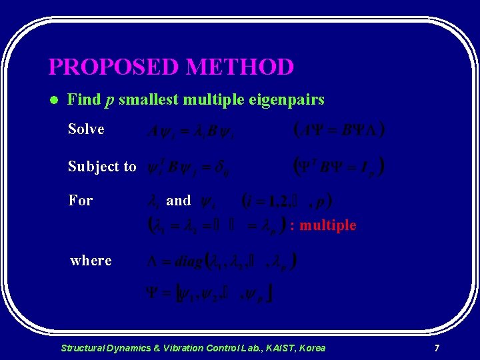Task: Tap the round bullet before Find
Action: click(54, 101)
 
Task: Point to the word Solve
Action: click(86, 129)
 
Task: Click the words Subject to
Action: click(102, 167)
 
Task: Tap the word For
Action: click(81, 200)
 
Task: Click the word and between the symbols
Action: click(178, 200)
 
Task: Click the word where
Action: click(91, 261)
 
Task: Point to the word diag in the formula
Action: click(189, 261)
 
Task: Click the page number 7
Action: click(437, 348)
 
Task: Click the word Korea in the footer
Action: click(312, 348)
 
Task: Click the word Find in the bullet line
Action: click(84, 100)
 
